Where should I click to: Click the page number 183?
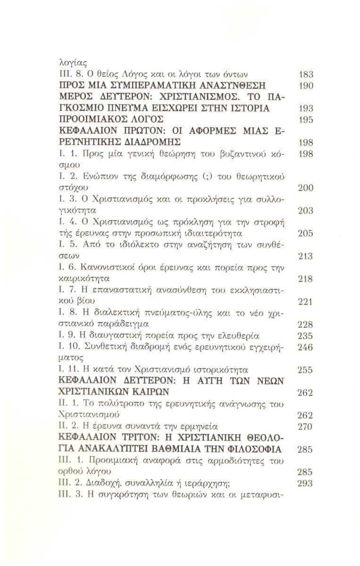pyautogui.click(x=306, y=74)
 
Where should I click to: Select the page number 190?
pyautogui.click(x=306, y=85)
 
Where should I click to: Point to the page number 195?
pyautogui.click(x=306, y=119)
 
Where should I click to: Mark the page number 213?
pyautogui.click(x=306, y=256)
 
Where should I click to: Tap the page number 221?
pyautogui.click(x=306, y=301)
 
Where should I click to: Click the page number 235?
pyautogui.click(x=306, y=335)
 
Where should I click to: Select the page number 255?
pyautogui.click(x=306, y=370)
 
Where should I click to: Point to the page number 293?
pyautogui.click(x=306, y=483)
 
